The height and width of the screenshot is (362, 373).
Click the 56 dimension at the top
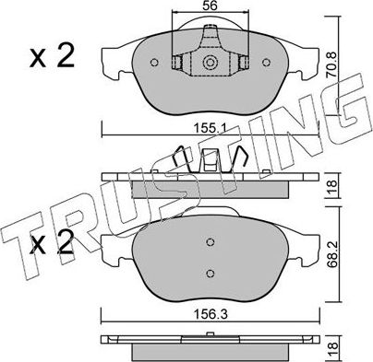[210, 7]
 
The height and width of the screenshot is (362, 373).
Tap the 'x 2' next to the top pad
[53, 59]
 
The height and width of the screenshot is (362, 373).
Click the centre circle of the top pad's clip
[210, 64]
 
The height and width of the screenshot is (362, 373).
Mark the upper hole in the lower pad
[210, 242]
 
